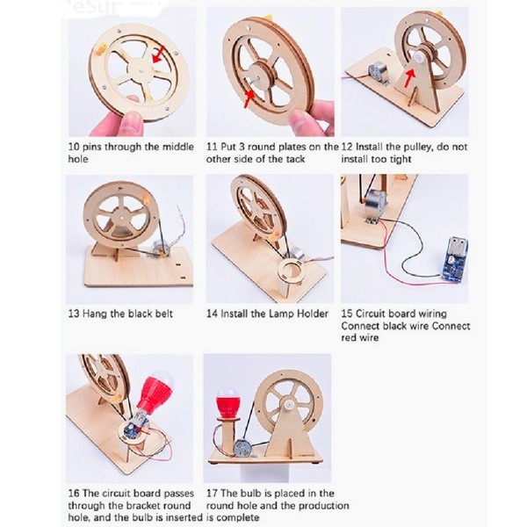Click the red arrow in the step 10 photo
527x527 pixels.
click(x=159, y=54)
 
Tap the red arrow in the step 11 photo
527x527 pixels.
click(x=249, y=97)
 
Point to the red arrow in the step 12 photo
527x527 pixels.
click(x=408, y=77)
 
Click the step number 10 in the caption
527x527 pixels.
click(x=74, y=147)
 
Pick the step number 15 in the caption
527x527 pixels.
click(x=347, y=314)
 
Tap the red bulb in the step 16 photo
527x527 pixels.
click(x=156, y=393)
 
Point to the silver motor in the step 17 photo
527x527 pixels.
click(x=243, y=448)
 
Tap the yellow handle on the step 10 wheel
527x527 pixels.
click(x=101, y=50)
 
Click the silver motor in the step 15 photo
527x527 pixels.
click(x=375, y=200)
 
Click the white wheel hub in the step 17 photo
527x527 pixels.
click(x=287, y=405)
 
